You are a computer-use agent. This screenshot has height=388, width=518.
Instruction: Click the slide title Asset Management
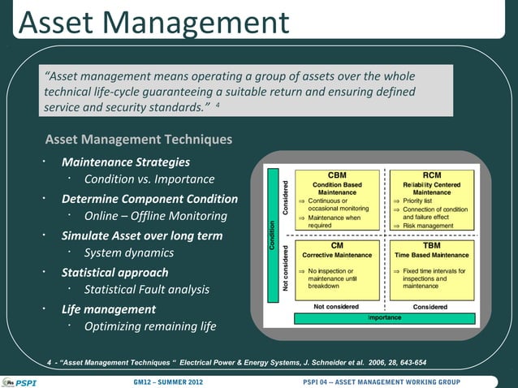point(153,22)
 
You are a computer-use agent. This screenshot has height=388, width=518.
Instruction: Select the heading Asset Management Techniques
point(138,140)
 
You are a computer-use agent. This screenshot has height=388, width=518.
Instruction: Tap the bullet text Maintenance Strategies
point(126,162)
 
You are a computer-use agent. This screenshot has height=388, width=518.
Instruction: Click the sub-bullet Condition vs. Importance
point(149,179)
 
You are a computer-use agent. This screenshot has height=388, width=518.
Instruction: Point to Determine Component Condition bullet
point(149,199)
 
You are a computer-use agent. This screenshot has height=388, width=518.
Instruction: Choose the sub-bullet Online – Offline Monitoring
point(155,217)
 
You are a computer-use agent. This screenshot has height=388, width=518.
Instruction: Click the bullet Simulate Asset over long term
point(141,236)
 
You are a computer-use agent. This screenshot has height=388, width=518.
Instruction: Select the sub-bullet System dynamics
point(128,253)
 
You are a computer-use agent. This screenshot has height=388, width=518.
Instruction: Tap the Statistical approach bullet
point(114,273)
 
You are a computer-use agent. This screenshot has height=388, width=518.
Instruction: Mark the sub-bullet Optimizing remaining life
point(150,327)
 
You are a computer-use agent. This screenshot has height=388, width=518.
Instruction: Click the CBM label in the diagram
point(336,175)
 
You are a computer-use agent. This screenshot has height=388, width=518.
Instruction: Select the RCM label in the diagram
point(432,175)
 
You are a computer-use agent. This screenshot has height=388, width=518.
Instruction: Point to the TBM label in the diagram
point(432,244)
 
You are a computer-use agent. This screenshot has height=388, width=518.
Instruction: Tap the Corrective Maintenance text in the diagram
point(336,255)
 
